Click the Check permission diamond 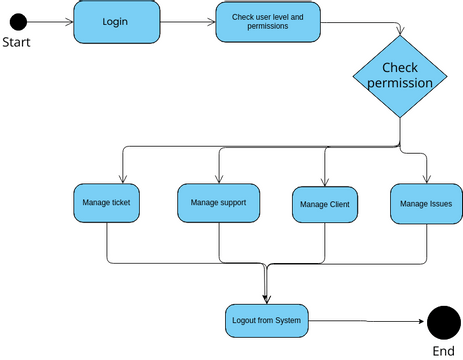(400, 75)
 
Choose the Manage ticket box (106, 203)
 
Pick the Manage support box (219, 202)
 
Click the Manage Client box (325, 204)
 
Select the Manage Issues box (425, 203)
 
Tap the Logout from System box (265, 320)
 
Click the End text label (443, 351)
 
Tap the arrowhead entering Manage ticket (121, 179)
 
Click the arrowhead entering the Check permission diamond (400, 33)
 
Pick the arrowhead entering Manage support (219, 179)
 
